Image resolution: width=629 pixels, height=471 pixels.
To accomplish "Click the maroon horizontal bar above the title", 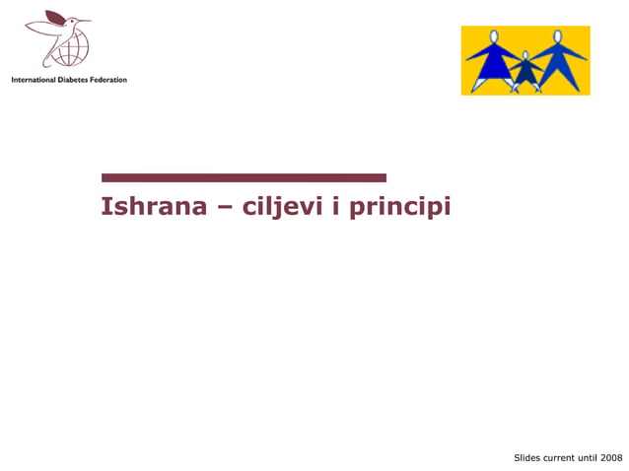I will pos(244,178).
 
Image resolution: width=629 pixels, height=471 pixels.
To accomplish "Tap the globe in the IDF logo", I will pos(72,44).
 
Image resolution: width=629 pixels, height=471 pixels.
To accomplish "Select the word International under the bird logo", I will pos(37,79).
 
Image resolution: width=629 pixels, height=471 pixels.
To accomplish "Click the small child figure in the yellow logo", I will pos(525,71).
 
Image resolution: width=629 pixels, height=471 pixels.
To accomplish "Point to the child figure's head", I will pos(525,56).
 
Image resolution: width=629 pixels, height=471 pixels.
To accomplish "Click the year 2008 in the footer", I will pos(610,458).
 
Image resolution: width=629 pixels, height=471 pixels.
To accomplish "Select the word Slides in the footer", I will pos(528,458).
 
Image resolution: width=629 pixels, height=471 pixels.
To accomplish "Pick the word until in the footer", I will pos(588,458).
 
